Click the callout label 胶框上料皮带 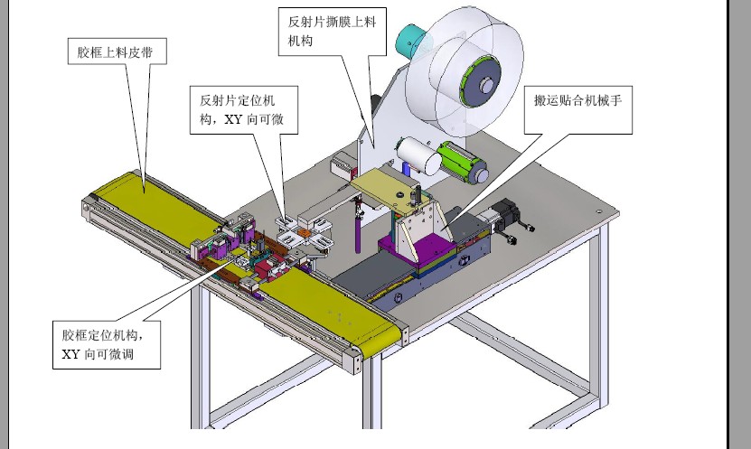click(x=116, y=53)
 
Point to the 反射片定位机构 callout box click(x=243, y=109)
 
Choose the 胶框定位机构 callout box click(x=106, y=343)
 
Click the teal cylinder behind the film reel click(x=412, y=39)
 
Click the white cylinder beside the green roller click(x=421, y=155)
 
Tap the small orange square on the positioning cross click(x=319, y=241)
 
